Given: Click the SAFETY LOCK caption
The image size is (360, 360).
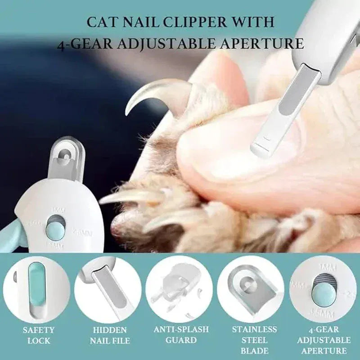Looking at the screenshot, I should [x=39, y=335].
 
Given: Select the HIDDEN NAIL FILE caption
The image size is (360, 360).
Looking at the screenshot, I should [x=109, y=335].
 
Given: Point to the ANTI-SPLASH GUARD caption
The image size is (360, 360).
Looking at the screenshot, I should [x=180, y=335].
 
